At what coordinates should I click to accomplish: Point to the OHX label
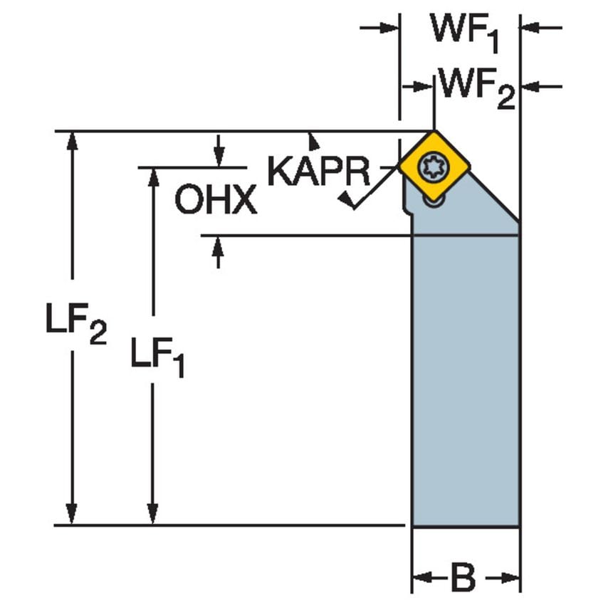point(216,201)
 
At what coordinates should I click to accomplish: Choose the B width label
point(463,578)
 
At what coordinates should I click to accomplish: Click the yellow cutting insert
point(435,167)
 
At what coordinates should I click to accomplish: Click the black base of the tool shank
point(466,527)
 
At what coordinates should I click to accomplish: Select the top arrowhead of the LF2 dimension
point(71,140)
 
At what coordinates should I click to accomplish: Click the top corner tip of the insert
point(434,132)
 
